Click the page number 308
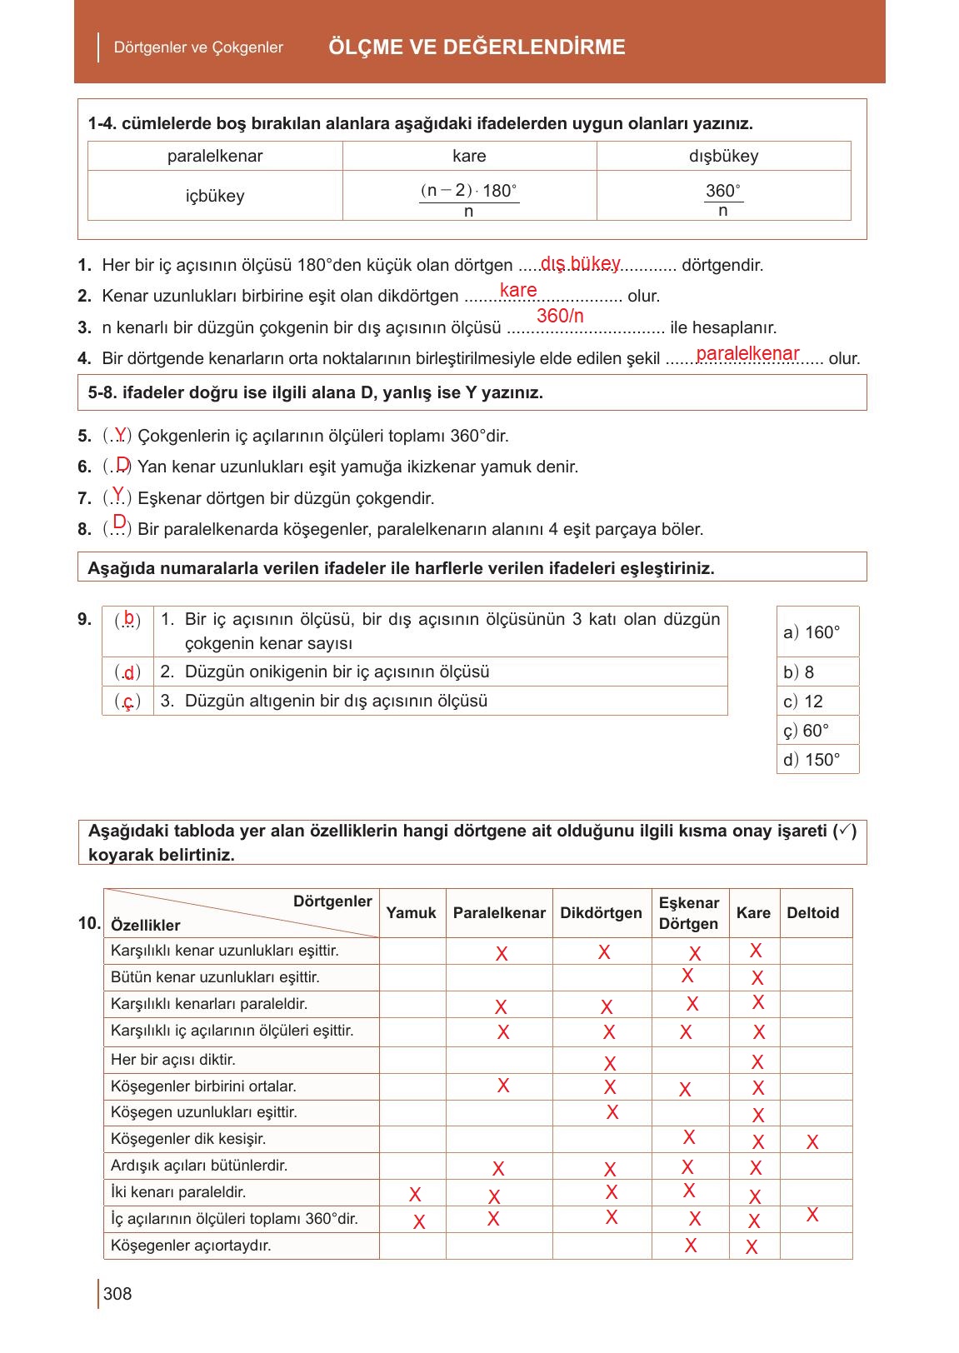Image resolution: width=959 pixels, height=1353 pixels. pyautogui.click(x=117, y=1293)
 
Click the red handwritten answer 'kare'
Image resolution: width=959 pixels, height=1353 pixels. pyautogui.click(x=518, y=290)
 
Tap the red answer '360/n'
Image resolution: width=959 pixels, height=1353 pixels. pyautogui.click(x=560, y=316)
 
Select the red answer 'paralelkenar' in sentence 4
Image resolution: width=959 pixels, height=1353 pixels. pyautogui.click(x=747, y=353)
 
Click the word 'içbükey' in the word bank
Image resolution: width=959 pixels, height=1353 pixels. pyautogui.click(x=215, y=196)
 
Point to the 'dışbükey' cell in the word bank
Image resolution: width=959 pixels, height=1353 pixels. pyautogui.click(x=723, y=156)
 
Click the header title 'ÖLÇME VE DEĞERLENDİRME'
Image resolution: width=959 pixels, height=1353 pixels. pyautogui.click(x=477, y=47)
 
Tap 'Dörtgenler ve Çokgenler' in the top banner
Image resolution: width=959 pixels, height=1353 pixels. pyautogui.click(x=198, y=47)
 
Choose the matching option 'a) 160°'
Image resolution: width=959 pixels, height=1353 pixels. pyautogui.click(x=812, y=632)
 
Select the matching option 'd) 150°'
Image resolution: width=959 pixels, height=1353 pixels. pyautogui.click(x=812, y=759)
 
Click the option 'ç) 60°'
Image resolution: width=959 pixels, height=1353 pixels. pyautogui.click(x=807, y=731)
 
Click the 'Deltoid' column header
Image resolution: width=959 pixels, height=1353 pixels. pyautogui.click(x=812, y=912)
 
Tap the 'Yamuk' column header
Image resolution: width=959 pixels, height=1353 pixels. pyautogui.click(x=412, y=912)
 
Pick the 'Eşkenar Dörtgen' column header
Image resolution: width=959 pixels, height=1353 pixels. pyautogui.click(x=688, y=913)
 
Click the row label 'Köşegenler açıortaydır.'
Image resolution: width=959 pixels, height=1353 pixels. pyautogui.click(x=191, y=1246)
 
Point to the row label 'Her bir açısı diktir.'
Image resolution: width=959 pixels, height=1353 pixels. pyautogui.click(x=173, y=1060)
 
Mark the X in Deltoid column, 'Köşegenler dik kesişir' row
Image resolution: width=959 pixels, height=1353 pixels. pyautogui.click(x=812, y=1142)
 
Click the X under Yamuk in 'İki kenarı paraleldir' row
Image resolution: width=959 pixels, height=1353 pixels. pyautogui.click(x=415, y=1196)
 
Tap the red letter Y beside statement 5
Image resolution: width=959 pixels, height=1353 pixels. pyautogui.click(x=121, y=433)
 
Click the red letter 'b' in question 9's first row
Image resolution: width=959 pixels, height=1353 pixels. pyautogui.click(x=128, y=617)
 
